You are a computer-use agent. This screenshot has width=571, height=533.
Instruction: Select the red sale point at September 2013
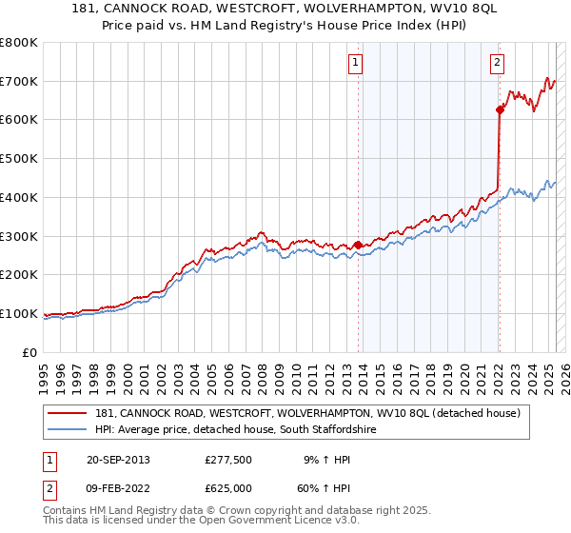pyautogui.click(x=358, y=245)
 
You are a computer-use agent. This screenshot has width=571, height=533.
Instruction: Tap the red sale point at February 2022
pyautogui.click(x=500, y=109)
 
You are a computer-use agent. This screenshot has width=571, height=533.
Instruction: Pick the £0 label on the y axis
pyautogui.click(x=31, y=352)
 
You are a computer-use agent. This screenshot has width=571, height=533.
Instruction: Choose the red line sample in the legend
pyautogui.click(x=67, y=414)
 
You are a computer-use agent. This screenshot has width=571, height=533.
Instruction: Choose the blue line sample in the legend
pyautogui.click(x=67, y=430)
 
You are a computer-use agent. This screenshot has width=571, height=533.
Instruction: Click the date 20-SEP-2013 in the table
pyautogui.click(x=120, y=460)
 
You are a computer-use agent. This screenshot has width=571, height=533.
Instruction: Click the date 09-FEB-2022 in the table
pyautogui.click(x=120, y=488)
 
